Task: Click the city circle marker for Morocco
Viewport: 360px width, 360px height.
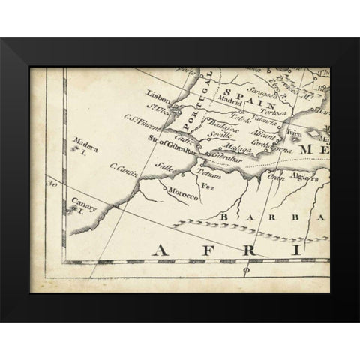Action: [185, 174]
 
